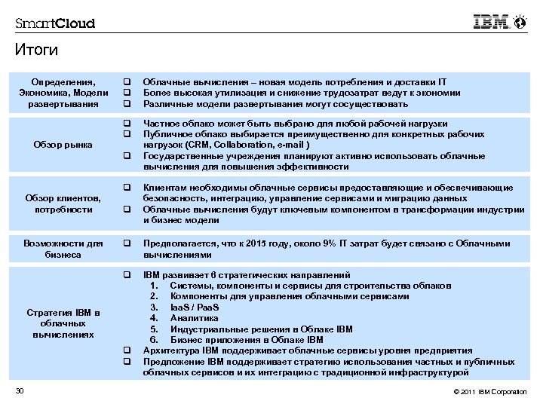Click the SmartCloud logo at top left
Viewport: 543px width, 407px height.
(x=56, y=23)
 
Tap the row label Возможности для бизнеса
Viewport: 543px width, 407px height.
(x=63, y=249)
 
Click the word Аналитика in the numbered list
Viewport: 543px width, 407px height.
(x=192, y=318)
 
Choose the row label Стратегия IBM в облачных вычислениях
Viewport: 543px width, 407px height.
(x=63, y=323)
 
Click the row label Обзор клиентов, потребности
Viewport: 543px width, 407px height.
(x=63, y=203)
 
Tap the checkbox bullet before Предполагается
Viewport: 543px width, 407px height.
(x=127, y=244)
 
